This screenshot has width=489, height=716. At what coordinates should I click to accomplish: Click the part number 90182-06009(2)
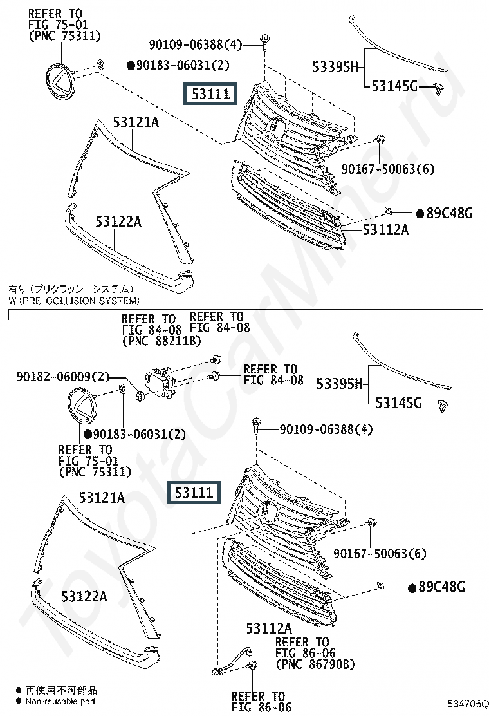pyautogui.click(x=63, y=376)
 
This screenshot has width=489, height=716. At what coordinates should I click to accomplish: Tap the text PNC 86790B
pyautogui.click(x=315, y=664)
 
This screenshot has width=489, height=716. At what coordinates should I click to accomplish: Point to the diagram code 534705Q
pyautogui.click(x=467, y=703)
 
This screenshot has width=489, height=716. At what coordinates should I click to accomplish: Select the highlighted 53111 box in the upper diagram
pyautogui.click(x=210, y=95)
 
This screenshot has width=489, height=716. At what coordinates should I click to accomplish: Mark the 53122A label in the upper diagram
pyautogui.click(x=118, y=222)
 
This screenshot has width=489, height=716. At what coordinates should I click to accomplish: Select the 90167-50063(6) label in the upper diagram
pyautogui.click(x=388, y=169)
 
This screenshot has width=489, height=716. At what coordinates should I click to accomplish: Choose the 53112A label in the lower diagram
pyautogui.click(x=268, y=628)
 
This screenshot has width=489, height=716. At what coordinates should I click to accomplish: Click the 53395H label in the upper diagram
pyautogui.click(x=335, y=65)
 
